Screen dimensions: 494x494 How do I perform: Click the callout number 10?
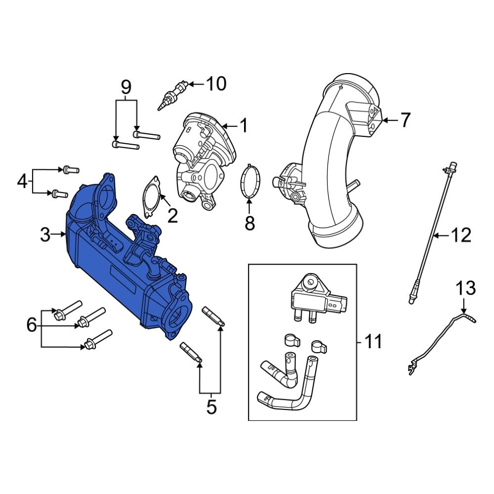tap(215, 84)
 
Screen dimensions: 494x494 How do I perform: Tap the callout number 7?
tap(405, 120)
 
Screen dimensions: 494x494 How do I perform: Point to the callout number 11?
tap(373, 341)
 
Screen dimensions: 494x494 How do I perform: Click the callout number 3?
tap(45, 235)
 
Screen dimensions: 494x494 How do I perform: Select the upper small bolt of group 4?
tap(69, 170)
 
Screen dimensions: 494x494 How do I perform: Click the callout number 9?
tap(126, 88)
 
